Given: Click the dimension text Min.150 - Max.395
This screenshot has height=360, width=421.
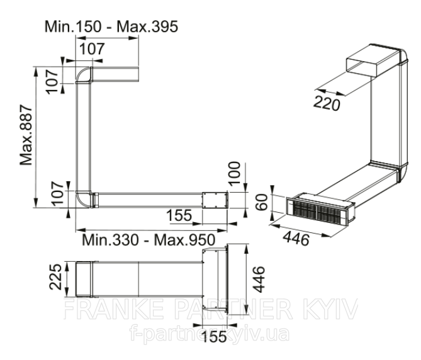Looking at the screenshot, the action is click(x=111, y=26).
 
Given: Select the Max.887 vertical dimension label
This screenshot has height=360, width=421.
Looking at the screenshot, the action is click(x=26, y=135).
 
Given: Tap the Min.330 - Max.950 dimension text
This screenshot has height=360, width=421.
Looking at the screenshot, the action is click(x=149, y=239).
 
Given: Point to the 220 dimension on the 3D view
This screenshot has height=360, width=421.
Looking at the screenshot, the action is click(x=327, y=103).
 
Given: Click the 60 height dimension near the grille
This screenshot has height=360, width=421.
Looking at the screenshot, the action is click(x=262, y=202).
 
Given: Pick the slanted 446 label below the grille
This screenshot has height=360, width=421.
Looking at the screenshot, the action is click(x=296, y=238).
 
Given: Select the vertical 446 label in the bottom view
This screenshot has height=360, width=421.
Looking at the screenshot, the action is click(x=259, y=279).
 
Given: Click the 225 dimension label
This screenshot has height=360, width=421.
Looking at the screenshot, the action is click(x=55, y=276).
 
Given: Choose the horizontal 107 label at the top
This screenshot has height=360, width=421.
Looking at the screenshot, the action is click(x=92, y=48).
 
